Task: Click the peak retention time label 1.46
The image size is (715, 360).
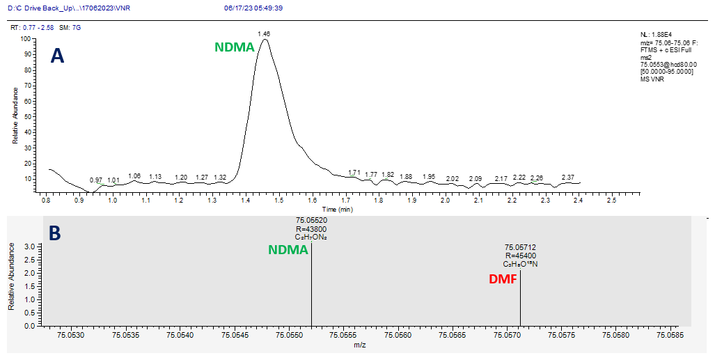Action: tap(264, 33)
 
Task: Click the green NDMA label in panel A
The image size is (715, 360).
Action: tap(234, 48)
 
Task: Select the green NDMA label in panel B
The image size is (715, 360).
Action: tap(288, 250)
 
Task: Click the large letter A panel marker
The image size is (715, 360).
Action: tap(58, 56)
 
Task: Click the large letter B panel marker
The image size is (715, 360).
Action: tap(54, 233)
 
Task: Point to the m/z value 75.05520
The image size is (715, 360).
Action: tap(311, 220)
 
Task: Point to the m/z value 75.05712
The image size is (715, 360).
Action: tap(520, 247)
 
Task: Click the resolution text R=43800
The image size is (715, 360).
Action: tap(311, 228)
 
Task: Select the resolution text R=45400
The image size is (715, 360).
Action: tap(520, 256)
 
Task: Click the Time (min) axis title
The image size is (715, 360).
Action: tap(337, 209)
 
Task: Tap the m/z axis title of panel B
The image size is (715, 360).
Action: tap(360, 345)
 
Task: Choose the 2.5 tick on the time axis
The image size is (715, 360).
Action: tap(611, 201)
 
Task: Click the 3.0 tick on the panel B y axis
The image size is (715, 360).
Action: tap(29, 246)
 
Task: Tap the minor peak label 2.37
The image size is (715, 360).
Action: tap(568, 177)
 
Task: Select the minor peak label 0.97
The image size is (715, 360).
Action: tap(96, 180)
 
